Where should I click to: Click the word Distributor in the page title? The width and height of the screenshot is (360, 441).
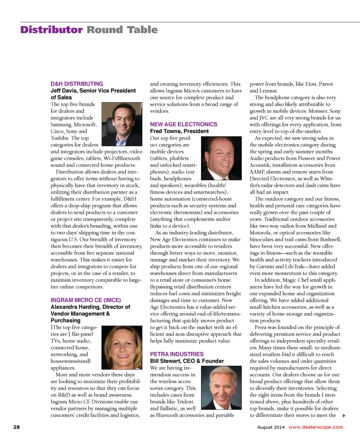51,30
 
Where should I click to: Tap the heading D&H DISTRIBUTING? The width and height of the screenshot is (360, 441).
76,84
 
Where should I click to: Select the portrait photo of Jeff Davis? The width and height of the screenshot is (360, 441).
122,124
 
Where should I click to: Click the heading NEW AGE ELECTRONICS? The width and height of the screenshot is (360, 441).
183,124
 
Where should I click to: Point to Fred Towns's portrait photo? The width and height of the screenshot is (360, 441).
222,158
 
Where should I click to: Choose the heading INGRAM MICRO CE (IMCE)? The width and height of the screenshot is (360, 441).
85,300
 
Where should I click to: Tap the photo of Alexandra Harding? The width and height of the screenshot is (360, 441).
122,347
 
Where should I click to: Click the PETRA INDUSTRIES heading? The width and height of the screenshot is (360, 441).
177,354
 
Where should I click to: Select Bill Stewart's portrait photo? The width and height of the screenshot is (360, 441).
221,387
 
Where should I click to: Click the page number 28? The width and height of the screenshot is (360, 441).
16,427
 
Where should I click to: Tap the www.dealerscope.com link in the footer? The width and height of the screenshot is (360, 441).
315,427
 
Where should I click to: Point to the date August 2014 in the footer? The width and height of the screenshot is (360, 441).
271,427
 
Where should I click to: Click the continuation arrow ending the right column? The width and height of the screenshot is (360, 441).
344,415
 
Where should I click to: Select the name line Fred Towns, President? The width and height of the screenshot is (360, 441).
179,131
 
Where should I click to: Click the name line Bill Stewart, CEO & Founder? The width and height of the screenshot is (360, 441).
187,361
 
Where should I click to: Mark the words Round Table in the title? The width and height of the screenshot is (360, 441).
122,30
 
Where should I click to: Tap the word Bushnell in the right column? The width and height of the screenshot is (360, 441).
329,239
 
